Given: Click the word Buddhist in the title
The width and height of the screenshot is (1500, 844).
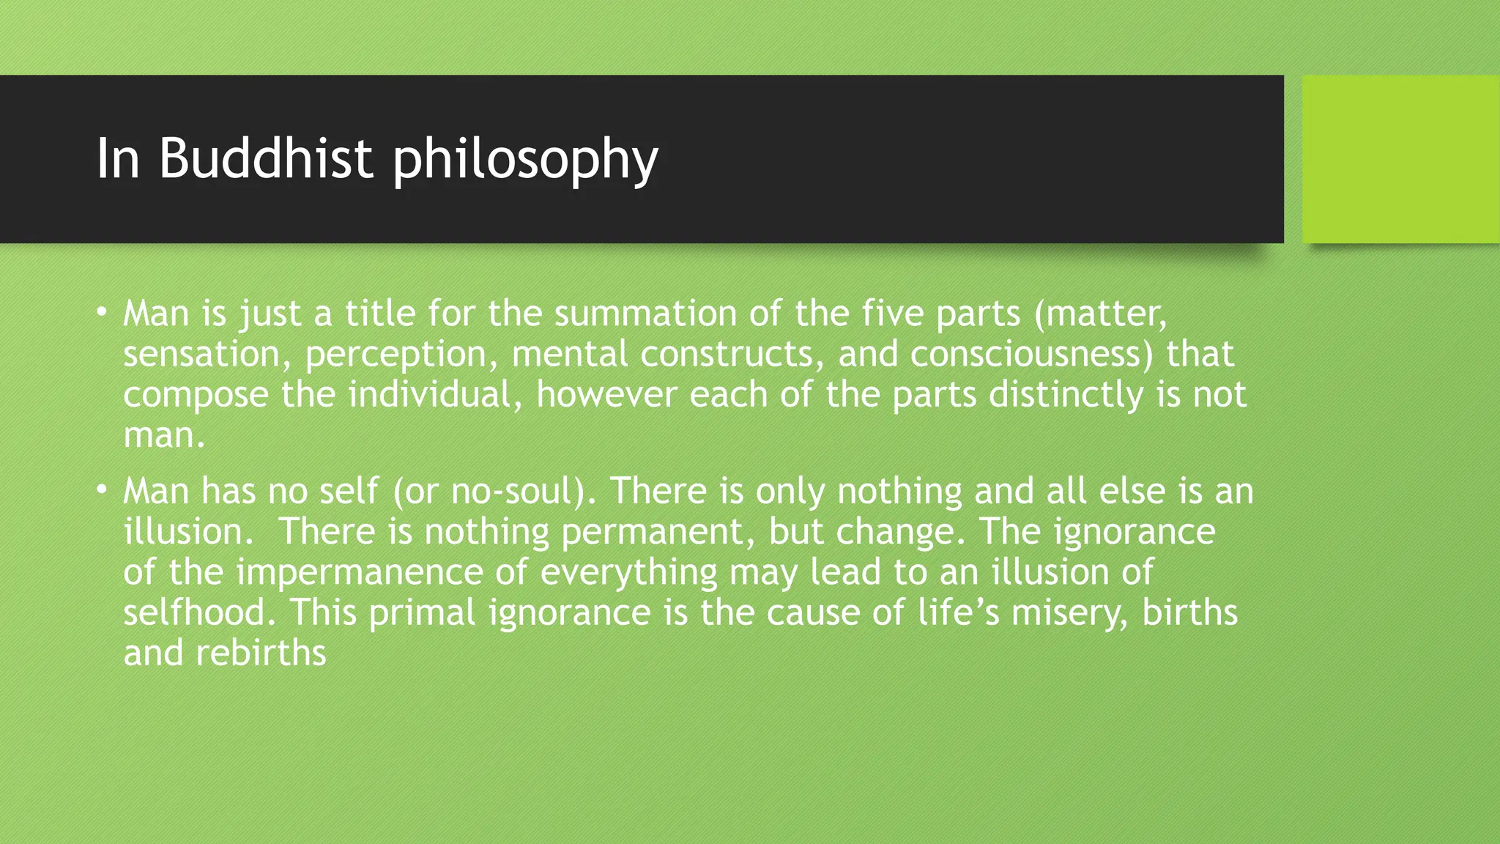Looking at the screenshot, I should point(266,158).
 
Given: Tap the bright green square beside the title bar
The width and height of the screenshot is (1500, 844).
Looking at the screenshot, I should point(1400,159).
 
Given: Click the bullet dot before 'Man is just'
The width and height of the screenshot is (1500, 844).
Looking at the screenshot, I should point(102,312).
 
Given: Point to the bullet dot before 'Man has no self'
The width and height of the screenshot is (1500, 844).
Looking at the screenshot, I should point(102,489).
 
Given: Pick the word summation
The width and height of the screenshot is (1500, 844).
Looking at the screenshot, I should point(645,314).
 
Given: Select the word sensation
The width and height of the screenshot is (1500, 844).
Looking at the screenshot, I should point(201,355).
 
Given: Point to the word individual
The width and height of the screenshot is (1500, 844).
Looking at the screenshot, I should point(429,395).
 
